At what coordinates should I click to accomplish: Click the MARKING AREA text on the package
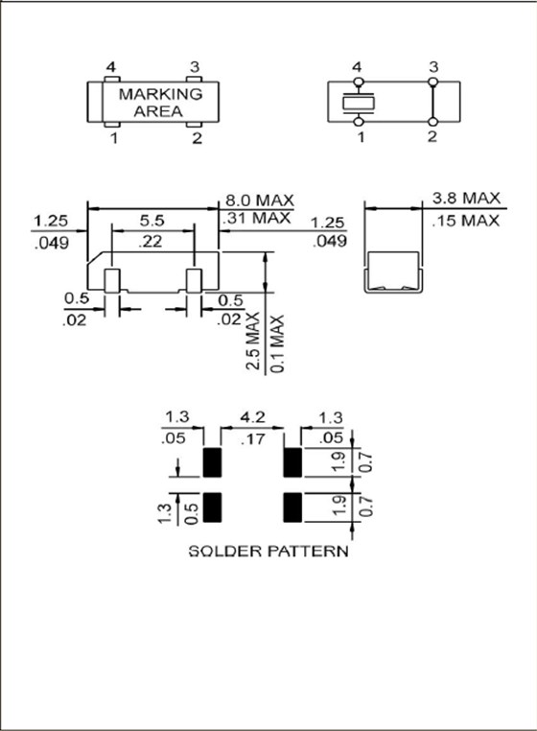pos(160,103)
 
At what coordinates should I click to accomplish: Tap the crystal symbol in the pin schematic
pos(358,101)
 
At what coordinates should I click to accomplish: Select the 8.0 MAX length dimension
pos(257,200)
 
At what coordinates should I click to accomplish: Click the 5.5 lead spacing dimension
pos(151,220)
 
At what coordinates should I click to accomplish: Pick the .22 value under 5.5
pos(151,242)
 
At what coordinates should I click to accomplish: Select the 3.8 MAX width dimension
pos(466,199)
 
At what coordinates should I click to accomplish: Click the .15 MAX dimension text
pos(466,221)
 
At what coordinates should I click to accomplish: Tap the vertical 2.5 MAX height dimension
pos(253,341)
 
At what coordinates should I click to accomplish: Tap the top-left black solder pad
pos(213,462)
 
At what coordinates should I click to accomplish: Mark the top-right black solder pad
pos(293,462)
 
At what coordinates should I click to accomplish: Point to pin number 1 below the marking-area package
pos(113,138)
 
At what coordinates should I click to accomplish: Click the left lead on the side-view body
pos(112,281)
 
